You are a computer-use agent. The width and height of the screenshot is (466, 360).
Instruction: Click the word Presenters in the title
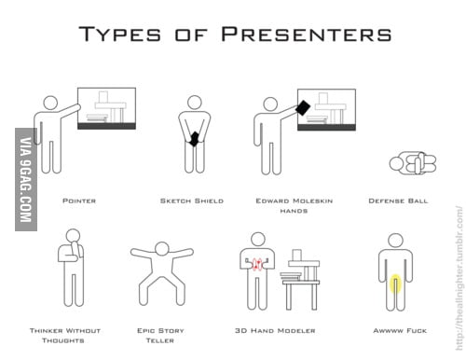[x=306, y=35]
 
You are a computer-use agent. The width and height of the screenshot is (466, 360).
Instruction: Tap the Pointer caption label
[x=78, y=200]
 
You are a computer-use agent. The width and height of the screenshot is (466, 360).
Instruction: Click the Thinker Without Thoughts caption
[x=64, y=335]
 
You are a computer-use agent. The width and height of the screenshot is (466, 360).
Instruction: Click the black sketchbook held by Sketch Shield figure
[x=194, y=139]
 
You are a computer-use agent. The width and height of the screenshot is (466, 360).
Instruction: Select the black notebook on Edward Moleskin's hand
[x=302, y=107]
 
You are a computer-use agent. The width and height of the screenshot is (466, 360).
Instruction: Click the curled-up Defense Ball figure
[x=411, y=164]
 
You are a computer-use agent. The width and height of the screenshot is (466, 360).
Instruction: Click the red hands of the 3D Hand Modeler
[x=258, y=266]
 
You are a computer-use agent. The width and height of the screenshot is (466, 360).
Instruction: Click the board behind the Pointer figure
[x=107, y=107]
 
